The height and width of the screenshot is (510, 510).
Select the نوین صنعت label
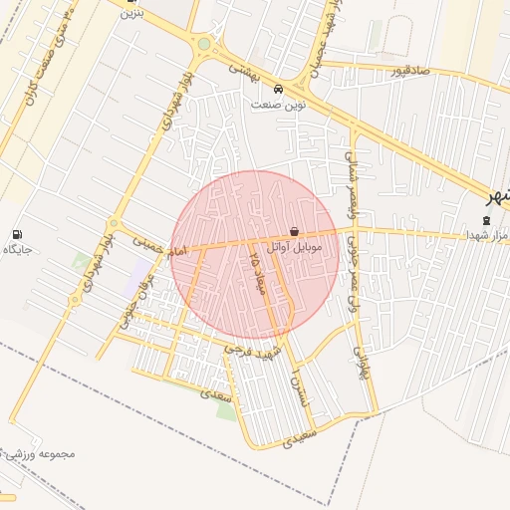[x=278, y=103]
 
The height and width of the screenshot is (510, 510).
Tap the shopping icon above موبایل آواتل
[x=293, y=231]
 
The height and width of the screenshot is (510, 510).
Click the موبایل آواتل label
[x=292, y=245]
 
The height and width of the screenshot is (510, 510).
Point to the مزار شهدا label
[x=487, y=235]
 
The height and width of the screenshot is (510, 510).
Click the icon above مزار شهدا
[x=486, y=219]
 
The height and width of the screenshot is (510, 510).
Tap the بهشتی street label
[x=242, y=70]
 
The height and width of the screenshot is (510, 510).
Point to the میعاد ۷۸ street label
[x=254, y=269]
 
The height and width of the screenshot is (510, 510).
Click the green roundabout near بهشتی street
[x=204, y=44]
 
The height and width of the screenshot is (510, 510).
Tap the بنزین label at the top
[x=130, y=14]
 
